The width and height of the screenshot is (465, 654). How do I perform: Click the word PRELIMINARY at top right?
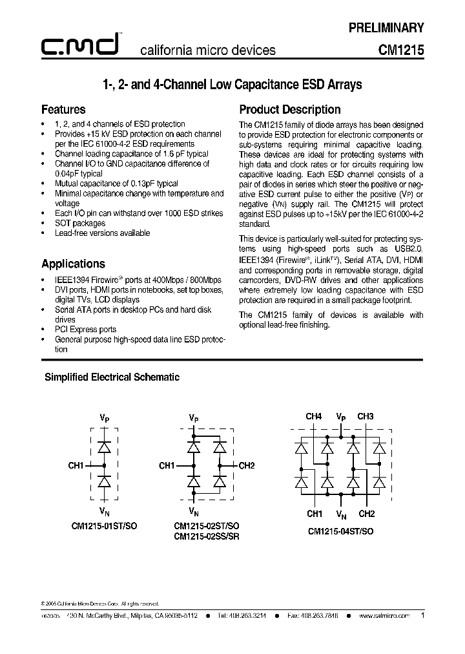tap(386, 28)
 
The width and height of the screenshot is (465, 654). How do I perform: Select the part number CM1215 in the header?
tap(401, 50)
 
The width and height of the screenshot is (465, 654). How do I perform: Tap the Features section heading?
tap(63, 109)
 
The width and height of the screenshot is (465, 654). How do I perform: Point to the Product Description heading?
tap(290, 109)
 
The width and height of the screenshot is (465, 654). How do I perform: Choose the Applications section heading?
tap(73, 264)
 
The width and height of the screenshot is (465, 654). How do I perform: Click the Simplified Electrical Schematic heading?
tap(112, 377)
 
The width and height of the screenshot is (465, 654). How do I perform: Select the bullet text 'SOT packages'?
tap(79, 223)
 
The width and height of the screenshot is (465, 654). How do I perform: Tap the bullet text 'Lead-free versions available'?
tap(102, 233)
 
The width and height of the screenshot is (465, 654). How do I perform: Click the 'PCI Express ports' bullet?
tap(85, 329)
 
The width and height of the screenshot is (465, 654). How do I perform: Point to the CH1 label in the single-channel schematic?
tap(76, 465)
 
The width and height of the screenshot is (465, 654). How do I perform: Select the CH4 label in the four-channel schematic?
tap(313, 417)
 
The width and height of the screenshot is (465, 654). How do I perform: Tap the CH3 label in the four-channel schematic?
tap(365, 417)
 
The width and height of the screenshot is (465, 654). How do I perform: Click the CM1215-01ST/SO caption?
tap(103, 526)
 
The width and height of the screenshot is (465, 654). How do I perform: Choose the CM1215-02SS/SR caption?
tap(206, 536)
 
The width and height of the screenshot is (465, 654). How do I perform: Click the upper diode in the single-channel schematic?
tap(103, 447)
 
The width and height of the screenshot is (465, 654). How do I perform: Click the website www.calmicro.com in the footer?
tap(384, 617)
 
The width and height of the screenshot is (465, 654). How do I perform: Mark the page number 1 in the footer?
tap(422, 616)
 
